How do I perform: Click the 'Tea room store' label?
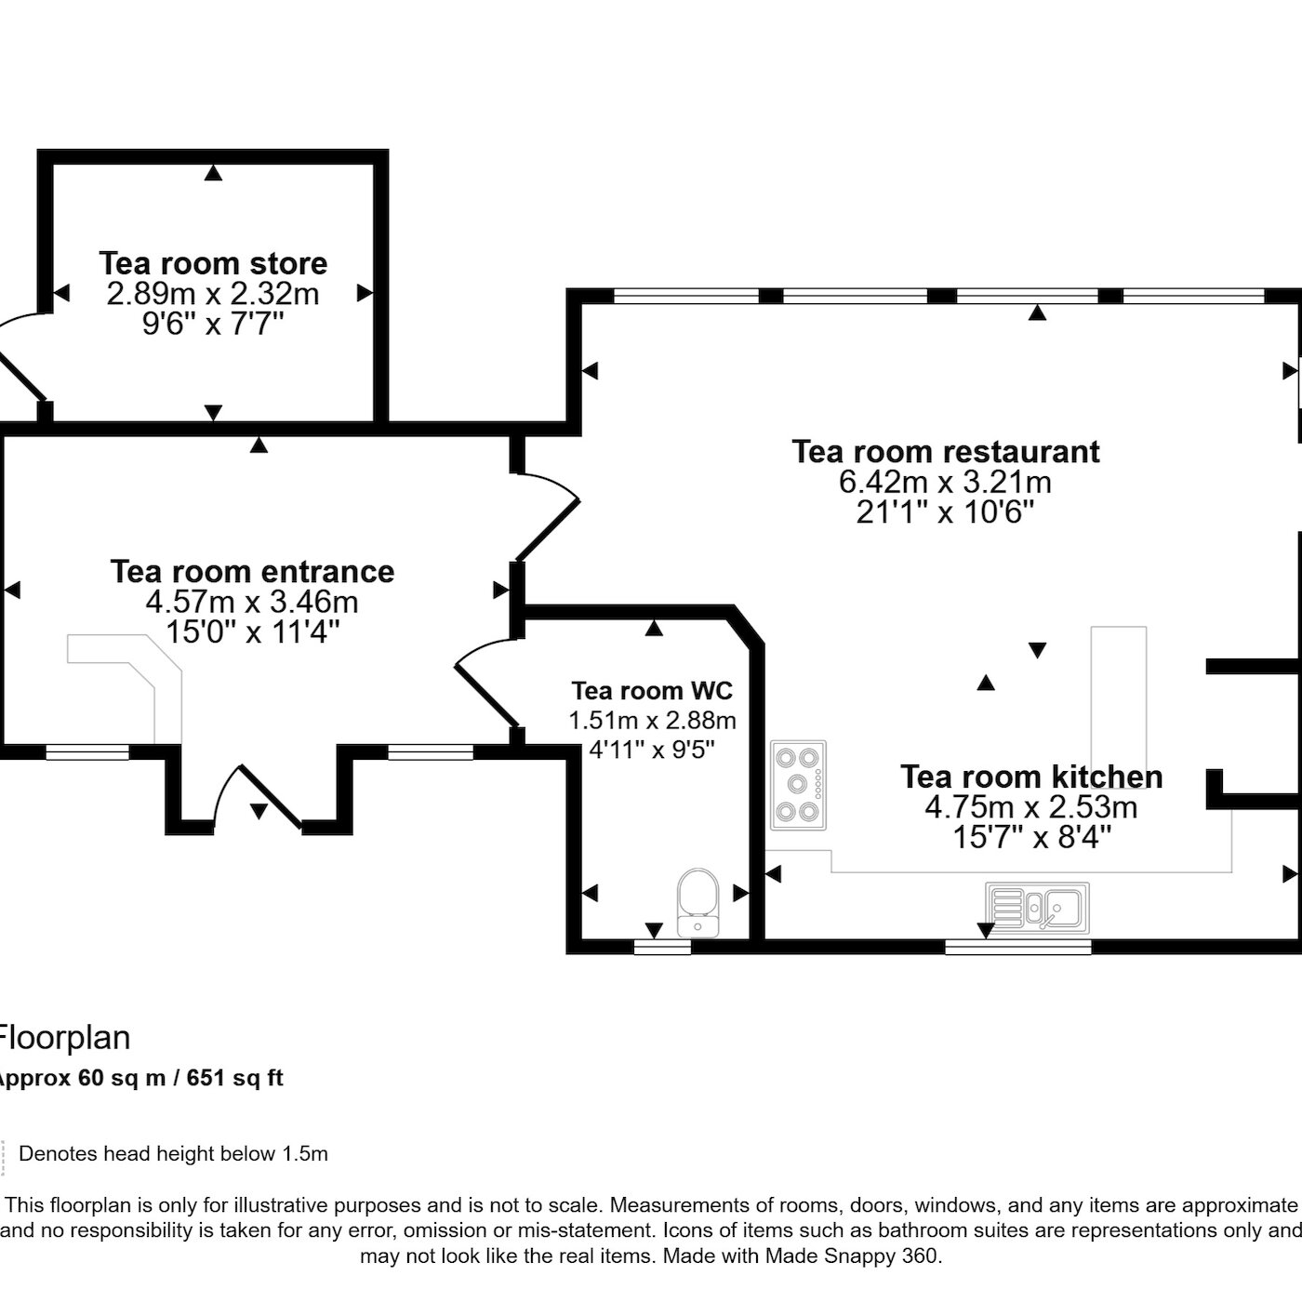pyautogui.click(x=213, y=263)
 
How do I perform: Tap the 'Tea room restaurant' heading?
pyautogui.click(x=945, y=451)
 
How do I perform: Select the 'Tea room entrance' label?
pyautogui.click(x=252, y=572)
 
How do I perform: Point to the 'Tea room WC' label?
pyautogui.click(x=652, y=691)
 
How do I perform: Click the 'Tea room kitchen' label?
pyautogui.click(x=1031, y=777)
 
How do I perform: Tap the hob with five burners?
pyautogui.click(x=798, y=784)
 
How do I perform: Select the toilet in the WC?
pyautogui.click(x=697, y=903)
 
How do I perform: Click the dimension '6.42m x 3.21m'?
pyautogui.click(x=945, y=483)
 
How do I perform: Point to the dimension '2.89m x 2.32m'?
pyautogui.click(x=213, y=294)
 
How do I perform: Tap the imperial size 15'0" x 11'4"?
pyautogui.click(x=252, y=632)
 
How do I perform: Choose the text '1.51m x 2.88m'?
pyautogui.click(x=652, y=720)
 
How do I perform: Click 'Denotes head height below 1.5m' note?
pyautogui.click(x=173, y=1153)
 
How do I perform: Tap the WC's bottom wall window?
pyautogui.click(x=662, y=948)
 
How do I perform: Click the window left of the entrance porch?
pyautogui.click(x=87, y=752)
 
